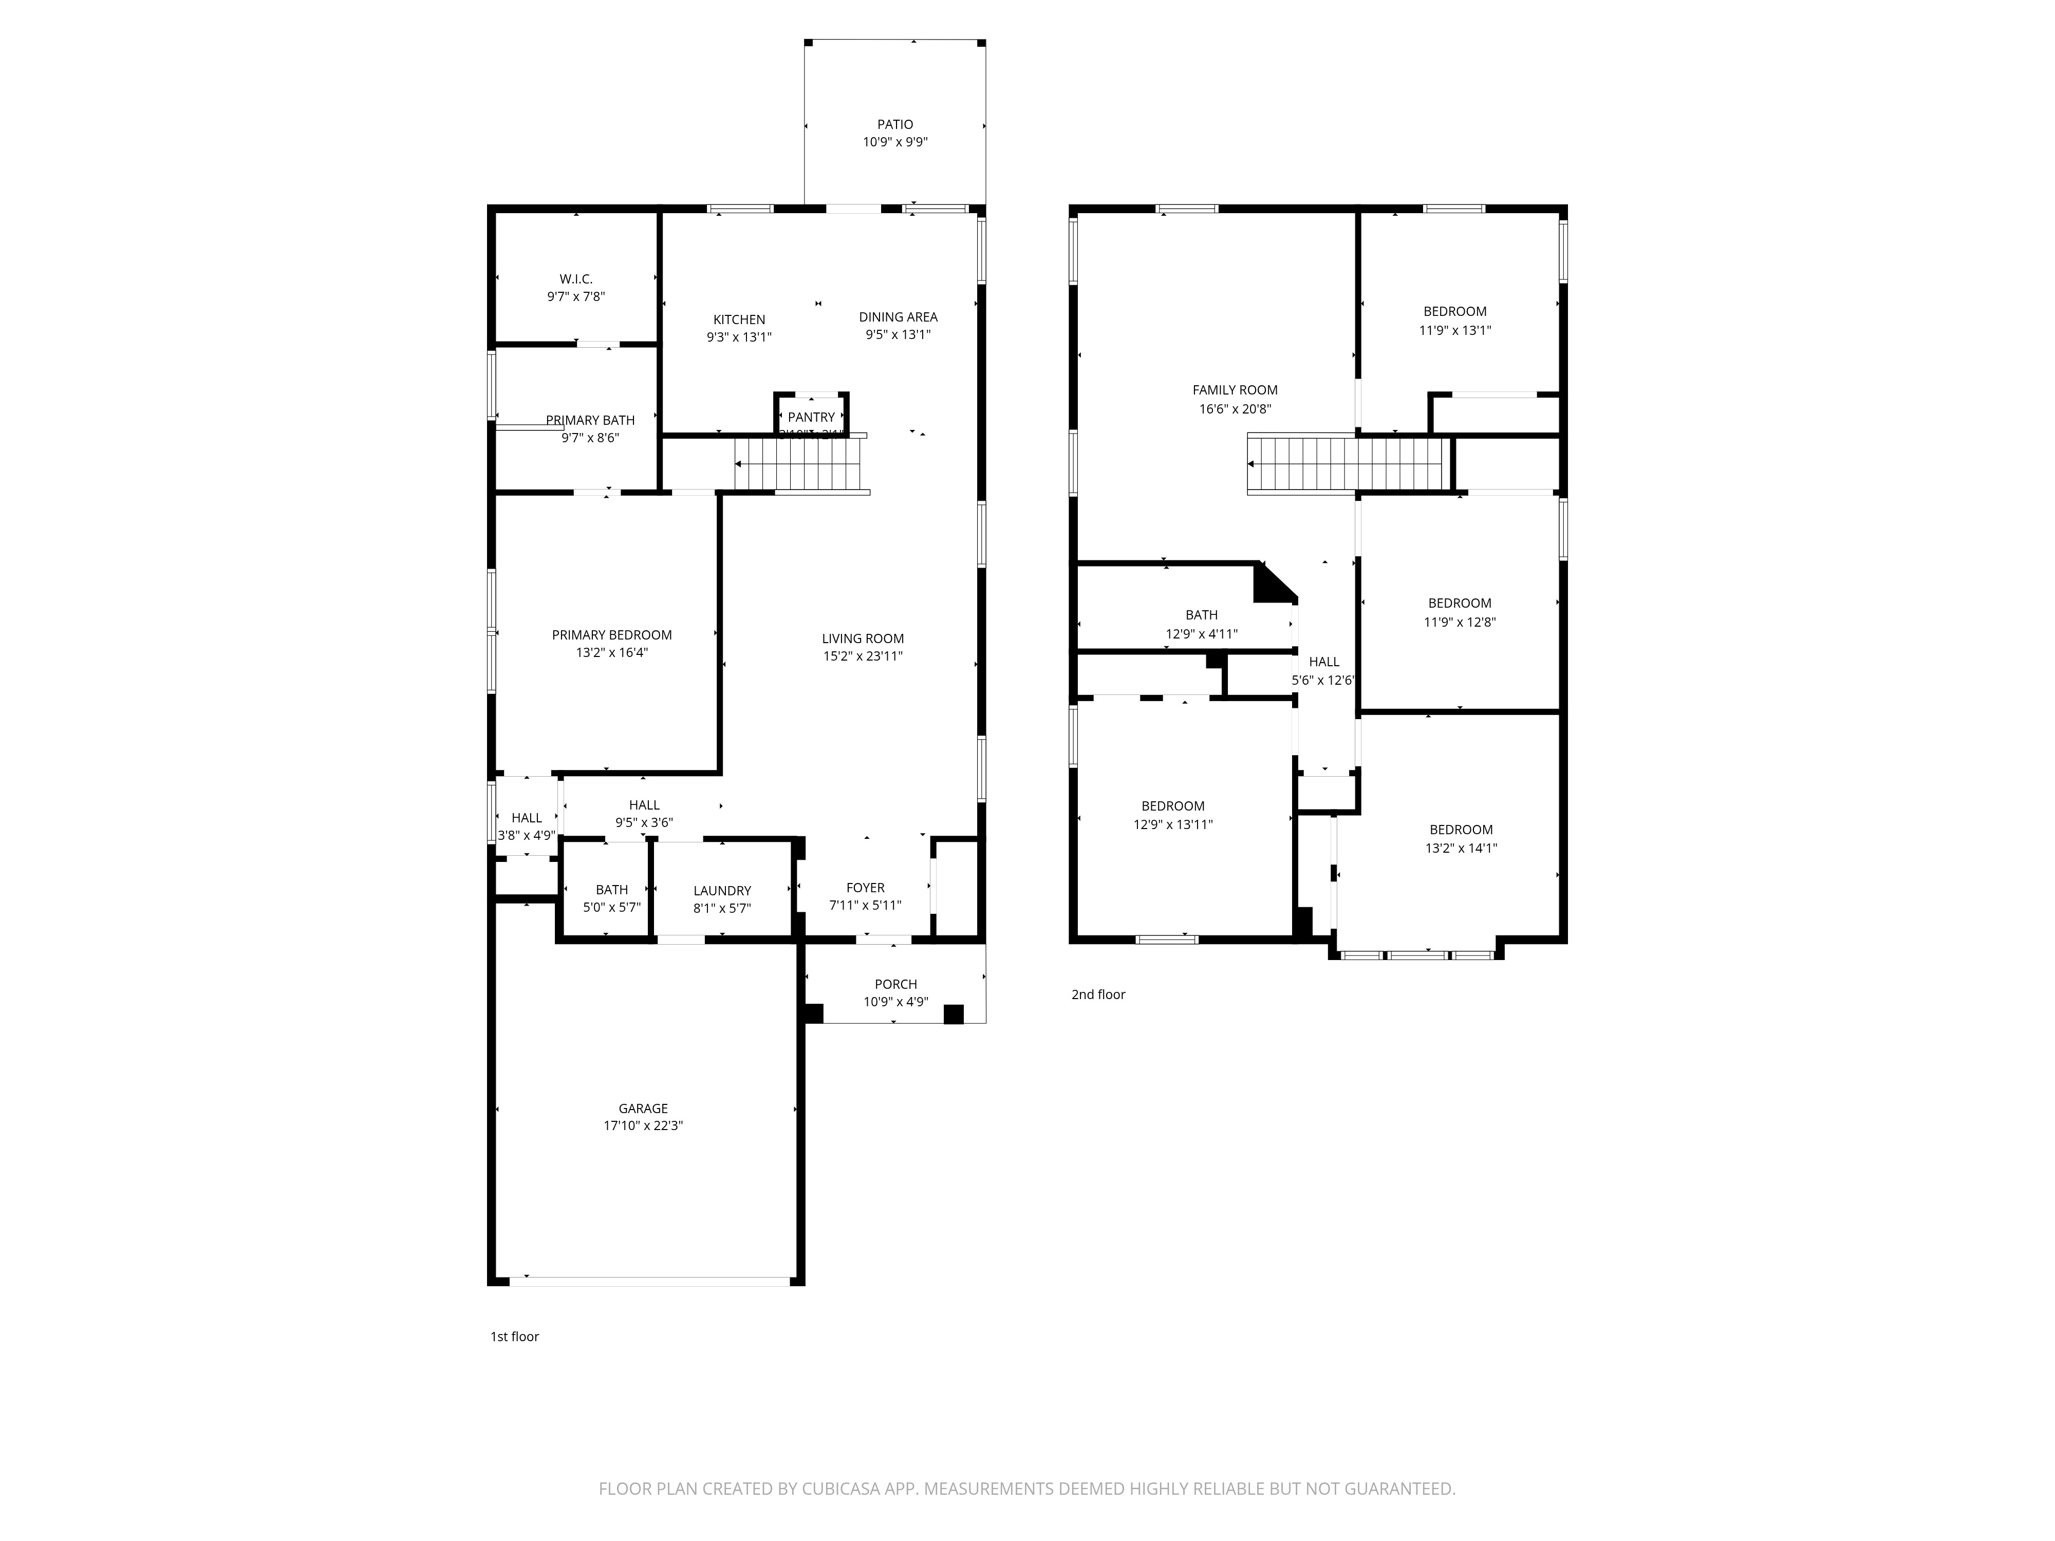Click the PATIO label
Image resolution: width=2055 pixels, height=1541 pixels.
894,124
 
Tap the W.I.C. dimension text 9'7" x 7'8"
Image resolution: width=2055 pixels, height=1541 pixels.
576,296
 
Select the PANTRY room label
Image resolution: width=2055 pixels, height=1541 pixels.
811,417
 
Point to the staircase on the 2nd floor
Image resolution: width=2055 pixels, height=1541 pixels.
1347,463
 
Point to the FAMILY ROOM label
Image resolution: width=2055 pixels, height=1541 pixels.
1235,390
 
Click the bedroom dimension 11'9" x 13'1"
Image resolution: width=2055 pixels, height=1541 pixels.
1455,330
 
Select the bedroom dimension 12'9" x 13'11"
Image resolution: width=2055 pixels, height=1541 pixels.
1172,824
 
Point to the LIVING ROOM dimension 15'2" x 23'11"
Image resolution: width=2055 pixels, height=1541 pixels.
862,656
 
